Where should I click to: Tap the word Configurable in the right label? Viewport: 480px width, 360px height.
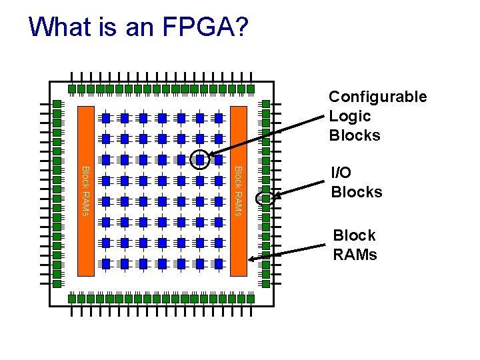pyautogui.click(x=377, y=97)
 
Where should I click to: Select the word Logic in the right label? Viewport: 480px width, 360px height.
pyautogui.click(x=349, y=116)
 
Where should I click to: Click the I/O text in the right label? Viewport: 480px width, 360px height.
pyautogui.click(x=341, y=173)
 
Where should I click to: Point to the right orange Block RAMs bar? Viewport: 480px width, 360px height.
pyautogui.click(x=238, y=191)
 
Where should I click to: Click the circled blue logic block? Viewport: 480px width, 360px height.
pyautogui.click(x=199, y=160)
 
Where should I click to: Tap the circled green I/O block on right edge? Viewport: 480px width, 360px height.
pyautogui.click(x=265, y=198)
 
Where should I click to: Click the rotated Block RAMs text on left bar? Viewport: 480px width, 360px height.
pyautogui.click(x=85, y=191)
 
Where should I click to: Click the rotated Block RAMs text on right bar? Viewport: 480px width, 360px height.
pyautogui.click(x=238, y=191)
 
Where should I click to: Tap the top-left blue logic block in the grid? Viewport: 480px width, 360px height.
pyautogui.click(x=105, y=118)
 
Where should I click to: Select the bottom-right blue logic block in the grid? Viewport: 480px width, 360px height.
pyautogui.click(x=218, y=263)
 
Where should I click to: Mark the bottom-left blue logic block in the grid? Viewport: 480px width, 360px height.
pyautogui.click(x=105, y=263)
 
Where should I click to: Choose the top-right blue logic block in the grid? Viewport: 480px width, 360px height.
pyautogui.click(x=218, y=118)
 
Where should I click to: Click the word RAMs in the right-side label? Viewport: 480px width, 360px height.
pyautogui.click(x=355, y=255)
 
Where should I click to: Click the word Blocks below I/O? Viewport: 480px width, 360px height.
pyautogui.click(x=357, y=192)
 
